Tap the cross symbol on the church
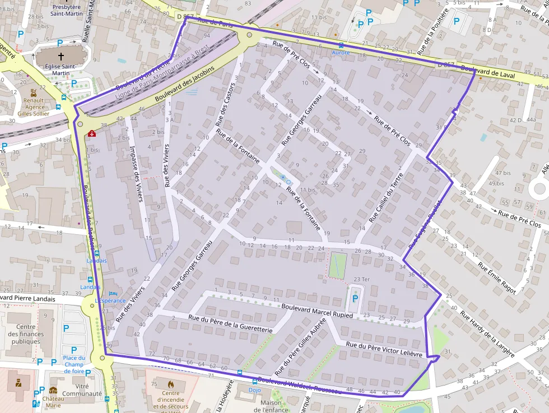tap(61, 57)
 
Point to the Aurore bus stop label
tap(341, 53)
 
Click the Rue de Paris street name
tap(215, 22)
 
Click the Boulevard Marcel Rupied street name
tap(317, 311)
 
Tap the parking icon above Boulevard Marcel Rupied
tap(354, 300)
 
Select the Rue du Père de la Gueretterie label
tap(230, 324)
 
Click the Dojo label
tap(255, 389)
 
